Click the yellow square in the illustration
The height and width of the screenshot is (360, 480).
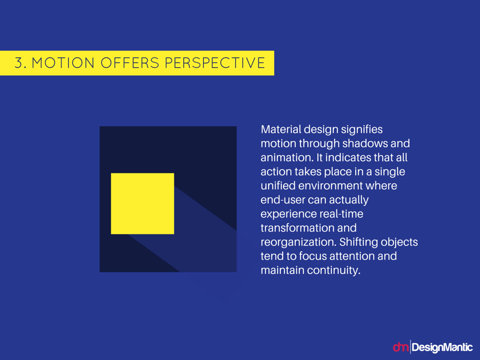[x=142, y=203]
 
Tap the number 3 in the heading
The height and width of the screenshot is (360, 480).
[x=19, y=63]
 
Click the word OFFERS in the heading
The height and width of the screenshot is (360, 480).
[x=130, y=63]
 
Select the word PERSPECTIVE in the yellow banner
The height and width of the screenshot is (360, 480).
[x=215, y=63]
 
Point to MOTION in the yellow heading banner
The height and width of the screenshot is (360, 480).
[x=63, y=63]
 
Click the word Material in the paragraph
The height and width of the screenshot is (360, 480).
[x=281, y=129]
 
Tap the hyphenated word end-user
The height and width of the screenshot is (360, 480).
[x=283, y=200]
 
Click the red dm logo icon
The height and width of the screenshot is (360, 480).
[x=401, y=347]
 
